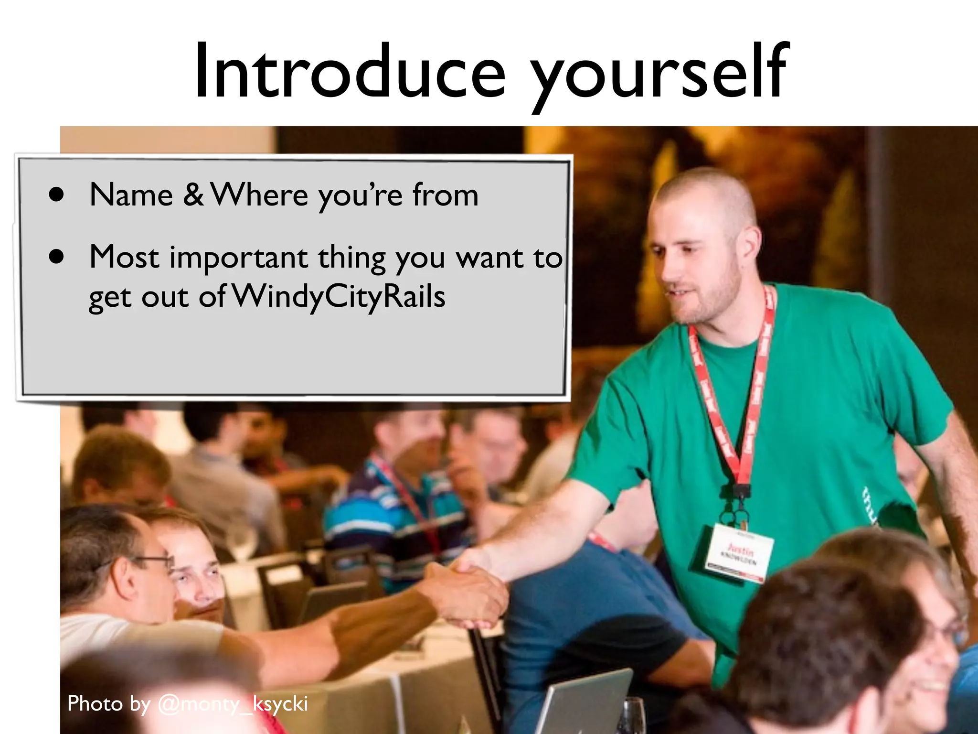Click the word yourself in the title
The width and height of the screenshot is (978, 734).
659,74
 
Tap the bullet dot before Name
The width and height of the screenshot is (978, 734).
56,195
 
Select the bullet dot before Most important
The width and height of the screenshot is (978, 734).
56,257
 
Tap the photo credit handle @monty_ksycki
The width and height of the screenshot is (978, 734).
233,704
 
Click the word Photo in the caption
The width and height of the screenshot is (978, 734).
95,704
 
